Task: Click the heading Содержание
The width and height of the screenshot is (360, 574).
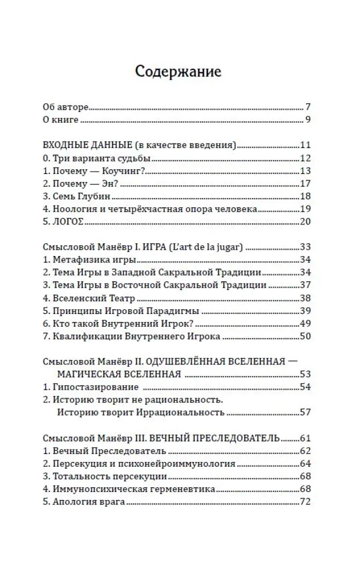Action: [178, 73]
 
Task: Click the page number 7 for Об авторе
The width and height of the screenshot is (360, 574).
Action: [308, 107]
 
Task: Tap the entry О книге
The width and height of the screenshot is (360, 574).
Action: [61, 120]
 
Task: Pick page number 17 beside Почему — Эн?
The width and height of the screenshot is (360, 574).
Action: [305, 184]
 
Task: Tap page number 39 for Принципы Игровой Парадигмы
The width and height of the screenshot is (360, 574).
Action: [305, 311]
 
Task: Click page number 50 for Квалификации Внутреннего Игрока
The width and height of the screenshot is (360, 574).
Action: [305, 336]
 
